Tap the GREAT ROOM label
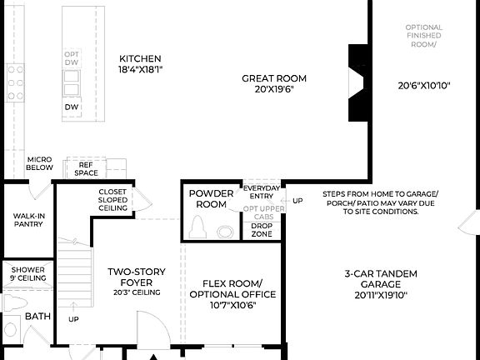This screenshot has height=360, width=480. coord(268,78)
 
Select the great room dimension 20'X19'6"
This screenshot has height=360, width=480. coord(268,88)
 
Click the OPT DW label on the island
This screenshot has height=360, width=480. coord(72,58)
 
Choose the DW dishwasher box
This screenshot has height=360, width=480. coord(72,107)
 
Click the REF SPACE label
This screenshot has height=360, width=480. coord(86,169)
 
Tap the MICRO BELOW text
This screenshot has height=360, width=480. coord(40,163)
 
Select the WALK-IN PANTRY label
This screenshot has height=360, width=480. coord(28,219)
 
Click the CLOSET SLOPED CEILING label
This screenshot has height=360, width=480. coord(112,200)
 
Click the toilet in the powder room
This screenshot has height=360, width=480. coord(197,227)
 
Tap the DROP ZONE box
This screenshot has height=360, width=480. coord(262,230)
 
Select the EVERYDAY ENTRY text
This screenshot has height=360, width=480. coord(262,192)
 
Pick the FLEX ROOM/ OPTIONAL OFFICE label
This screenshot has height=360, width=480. coord(232,293)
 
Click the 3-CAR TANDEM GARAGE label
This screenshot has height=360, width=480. coord(380,283)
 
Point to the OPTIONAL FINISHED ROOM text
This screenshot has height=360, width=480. coord(423,36)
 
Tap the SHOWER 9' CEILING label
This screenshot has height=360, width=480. coord(27,273)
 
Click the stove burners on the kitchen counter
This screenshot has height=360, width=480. coord(16,82)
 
